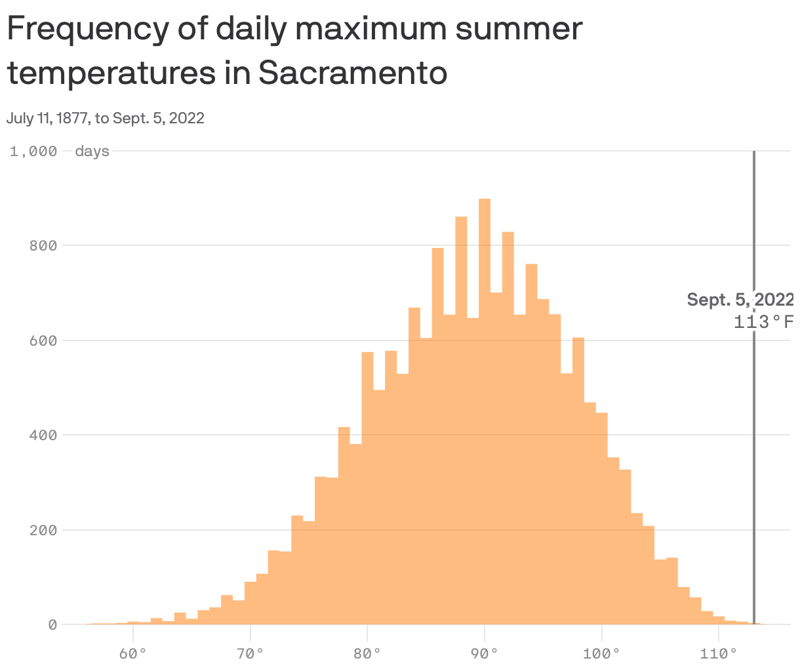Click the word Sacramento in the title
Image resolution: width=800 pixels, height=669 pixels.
pos(353,73)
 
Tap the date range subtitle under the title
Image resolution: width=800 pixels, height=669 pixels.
pos(106,118)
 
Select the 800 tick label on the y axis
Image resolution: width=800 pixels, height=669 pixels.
pos(43,246)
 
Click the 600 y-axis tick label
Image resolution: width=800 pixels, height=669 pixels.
pos(43,341)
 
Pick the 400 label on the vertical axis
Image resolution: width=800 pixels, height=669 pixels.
pos(43,436)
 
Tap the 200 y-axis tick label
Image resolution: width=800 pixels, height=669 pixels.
pos(43,530)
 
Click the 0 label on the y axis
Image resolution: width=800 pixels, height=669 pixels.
pos(52,625)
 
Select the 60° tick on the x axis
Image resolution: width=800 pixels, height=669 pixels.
pos(134,654)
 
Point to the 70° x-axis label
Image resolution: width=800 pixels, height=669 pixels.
pos(250,654)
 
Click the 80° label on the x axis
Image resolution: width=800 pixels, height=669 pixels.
pos(368,654)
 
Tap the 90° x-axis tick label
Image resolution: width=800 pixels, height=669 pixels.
pos(485,654)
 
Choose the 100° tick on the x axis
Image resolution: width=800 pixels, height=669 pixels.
pos(602,654)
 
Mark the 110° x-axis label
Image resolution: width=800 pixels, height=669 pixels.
pos(719,654)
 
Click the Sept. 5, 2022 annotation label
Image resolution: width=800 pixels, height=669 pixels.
pos(740,300)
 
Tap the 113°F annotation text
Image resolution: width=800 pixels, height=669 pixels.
pos(764,322)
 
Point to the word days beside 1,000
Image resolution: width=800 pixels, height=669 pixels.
pos(92,152)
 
